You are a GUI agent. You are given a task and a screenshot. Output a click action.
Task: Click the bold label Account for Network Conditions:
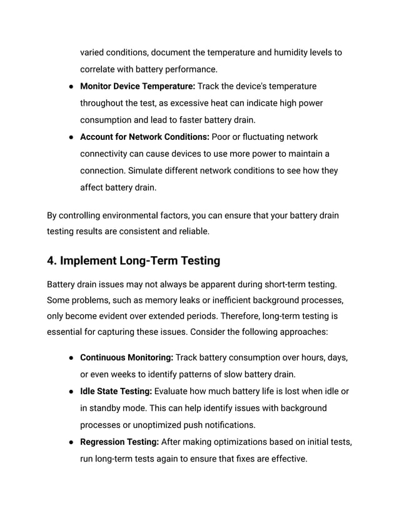tap(145, 137)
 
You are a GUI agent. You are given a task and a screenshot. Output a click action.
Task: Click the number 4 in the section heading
tap(51, 260)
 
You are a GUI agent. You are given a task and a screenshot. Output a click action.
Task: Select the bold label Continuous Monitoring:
tap(127, 358)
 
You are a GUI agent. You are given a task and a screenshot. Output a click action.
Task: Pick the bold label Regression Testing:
tap(119, 442)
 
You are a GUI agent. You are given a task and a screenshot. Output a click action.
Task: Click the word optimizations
tap(239, 442)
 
